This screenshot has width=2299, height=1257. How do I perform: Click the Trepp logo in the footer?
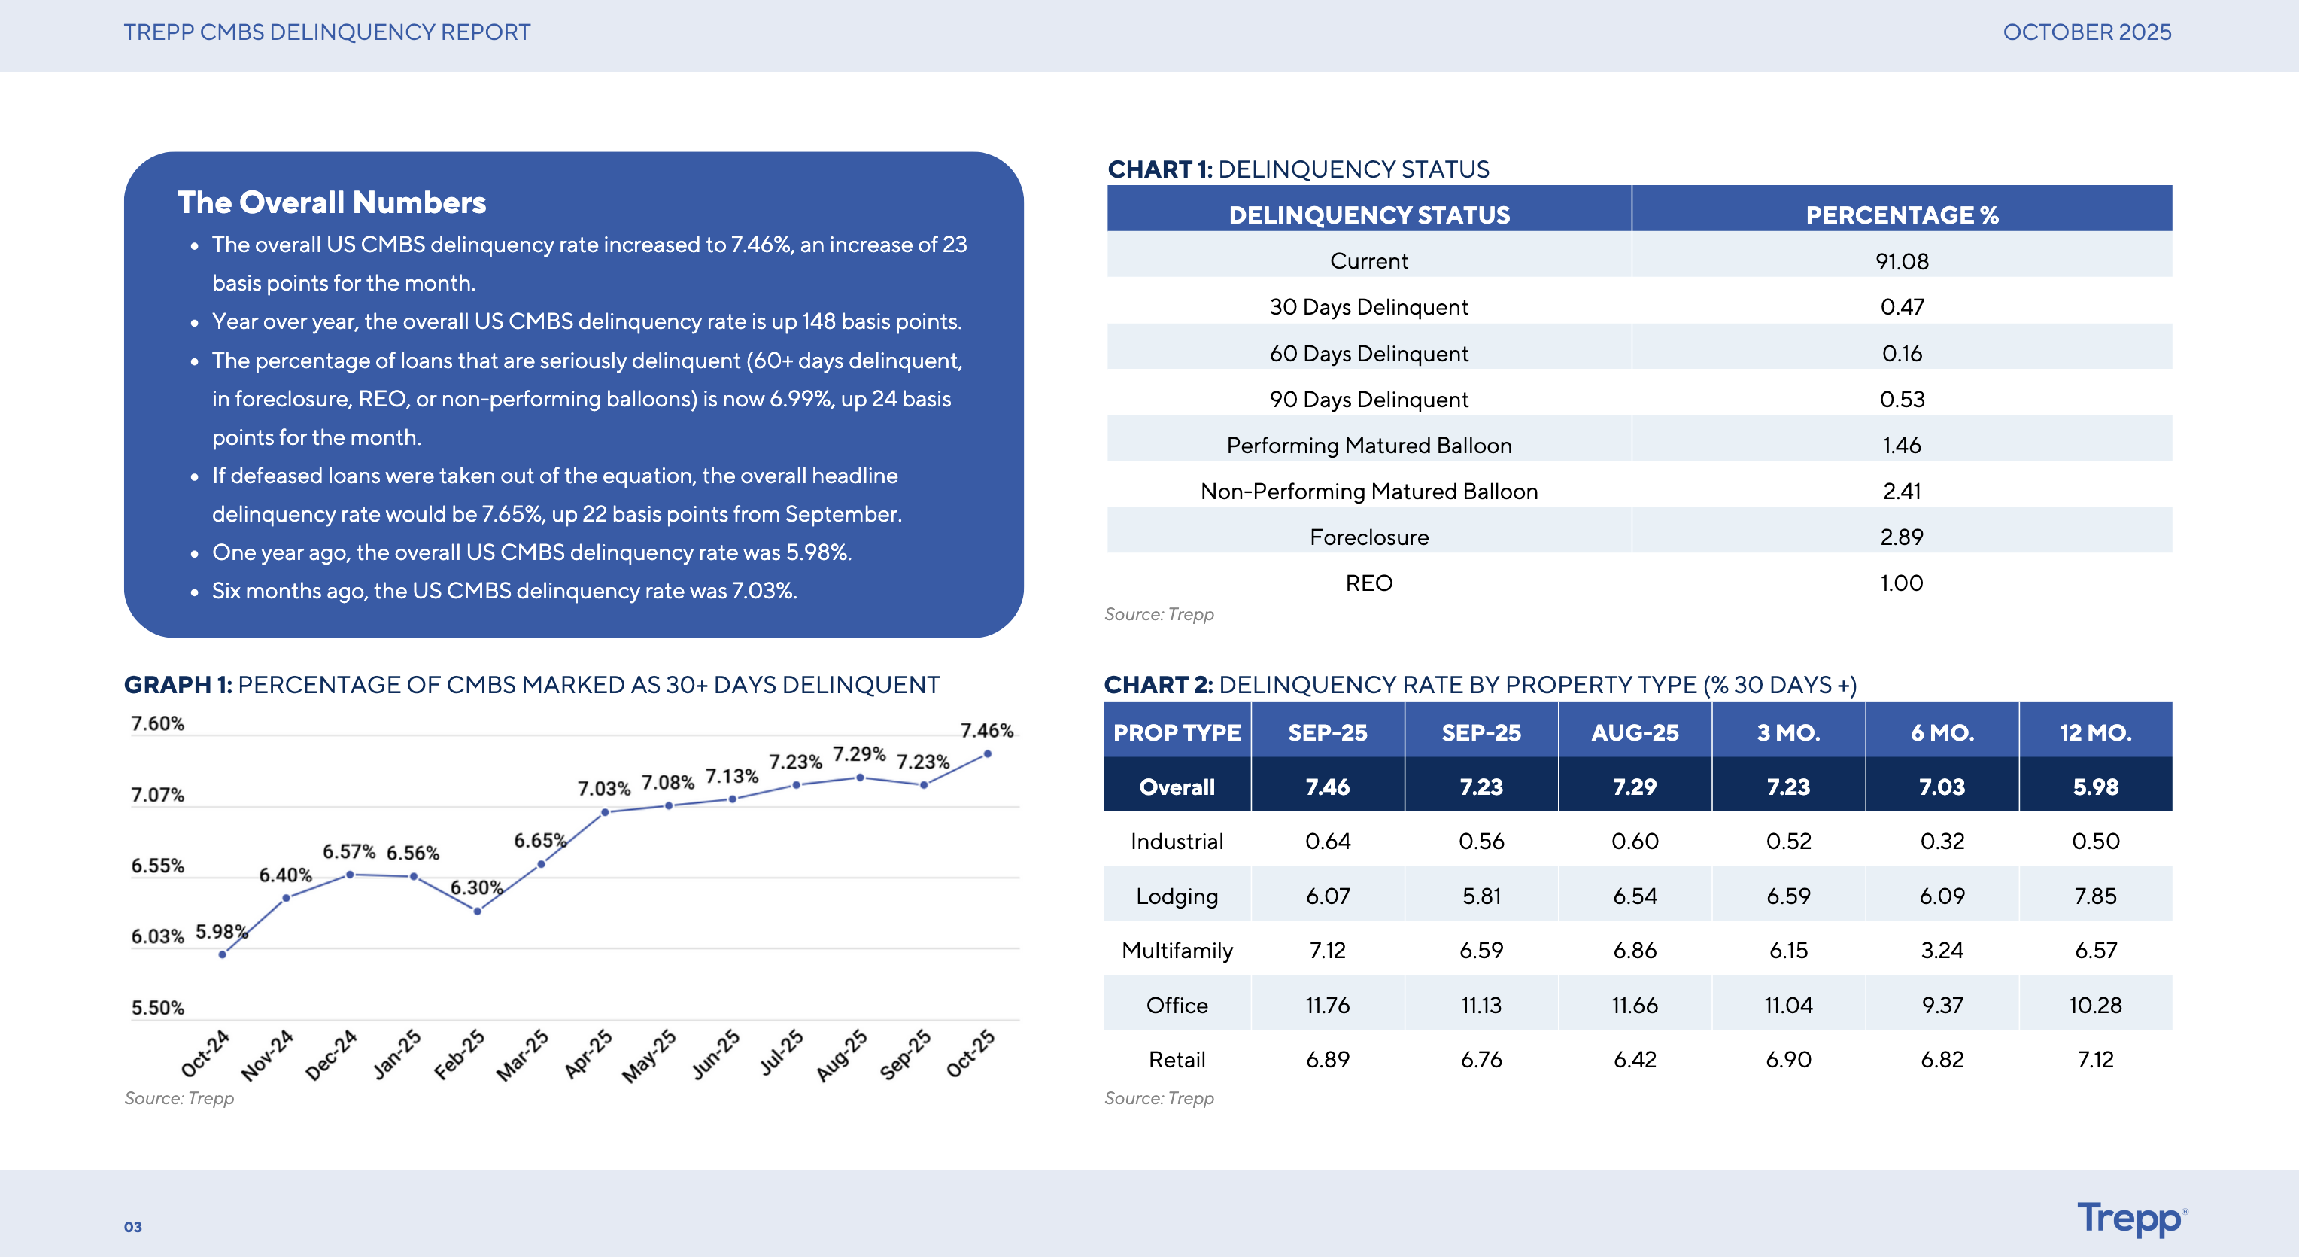(x=2130, y=1219)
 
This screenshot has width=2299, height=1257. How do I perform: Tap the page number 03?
(x=133, y=1227)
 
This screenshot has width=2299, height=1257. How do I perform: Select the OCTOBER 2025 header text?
(x=2087, y=32)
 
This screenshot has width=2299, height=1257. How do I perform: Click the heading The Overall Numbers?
(x=331, y=202)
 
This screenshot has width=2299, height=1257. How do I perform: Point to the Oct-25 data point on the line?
(x=987, y=754)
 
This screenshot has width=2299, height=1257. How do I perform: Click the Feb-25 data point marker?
(x=478, y=912)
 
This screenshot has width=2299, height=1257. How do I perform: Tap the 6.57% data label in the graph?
(x=349, y=852)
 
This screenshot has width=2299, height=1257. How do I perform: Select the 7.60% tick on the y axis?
(x=158, y=723)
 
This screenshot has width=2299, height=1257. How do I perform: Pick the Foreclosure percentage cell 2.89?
(x=1901, y=537)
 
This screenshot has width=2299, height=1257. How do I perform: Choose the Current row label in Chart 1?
(x=1368, y=260)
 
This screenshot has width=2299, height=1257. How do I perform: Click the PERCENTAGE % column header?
(x=1901, y=215)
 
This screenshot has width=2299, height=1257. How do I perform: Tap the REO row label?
(x=1368, y=583)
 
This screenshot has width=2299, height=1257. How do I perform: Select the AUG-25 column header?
(x=1634, y=732)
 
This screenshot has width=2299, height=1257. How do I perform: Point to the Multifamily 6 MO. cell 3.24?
(x=1941, y=950)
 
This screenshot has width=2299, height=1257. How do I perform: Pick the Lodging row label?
(x=1177, y=896)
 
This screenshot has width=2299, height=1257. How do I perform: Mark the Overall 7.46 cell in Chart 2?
(x=1327, y=787)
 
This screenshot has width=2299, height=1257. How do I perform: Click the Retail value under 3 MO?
(x=1787, y=1060)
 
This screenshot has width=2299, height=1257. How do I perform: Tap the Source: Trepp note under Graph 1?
(x=179, y=1098)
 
